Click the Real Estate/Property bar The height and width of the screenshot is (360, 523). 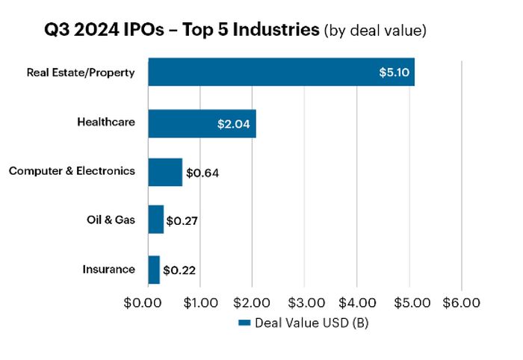[281, 72]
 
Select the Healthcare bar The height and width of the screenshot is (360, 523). [202, 122]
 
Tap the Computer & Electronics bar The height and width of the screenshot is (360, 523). [165, 172]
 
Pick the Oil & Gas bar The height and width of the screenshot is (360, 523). [155, 220]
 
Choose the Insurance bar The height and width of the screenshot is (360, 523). [154, 270]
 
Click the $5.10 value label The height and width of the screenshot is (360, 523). [393, 72]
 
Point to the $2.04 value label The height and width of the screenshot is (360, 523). [235, 122]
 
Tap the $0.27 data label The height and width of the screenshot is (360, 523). [181, 221]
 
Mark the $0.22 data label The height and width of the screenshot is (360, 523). [179, 270]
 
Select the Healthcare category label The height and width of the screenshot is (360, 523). [106, 121]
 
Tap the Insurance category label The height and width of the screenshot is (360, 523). [109, 269]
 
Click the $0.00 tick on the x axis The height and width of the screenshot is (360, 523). [146, 303]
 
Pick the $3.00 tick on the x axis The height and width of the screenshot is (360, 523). [304, 303]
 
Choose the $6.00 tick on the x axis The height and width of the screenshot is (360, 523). [462, 303]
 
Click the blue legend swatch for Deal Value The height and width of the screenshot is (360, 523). [244, 323]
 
